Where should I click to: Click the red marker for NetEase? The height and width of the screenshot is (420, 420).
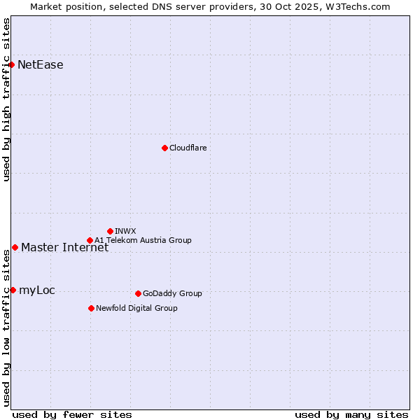click(12, 65)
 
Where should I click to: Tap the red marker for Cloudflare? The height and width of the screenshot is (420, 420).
click(164, 148)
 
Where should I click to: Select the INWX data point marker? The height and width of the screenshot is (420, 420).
click(110, 231)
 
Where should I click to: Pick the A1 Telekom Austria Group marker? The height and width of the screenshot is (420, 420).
click(90, 240)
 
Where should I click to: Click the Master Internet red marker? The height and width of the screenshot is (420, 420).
click(15, 247)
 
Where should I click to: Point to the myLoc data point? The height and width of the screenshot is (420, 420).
click(13, 290)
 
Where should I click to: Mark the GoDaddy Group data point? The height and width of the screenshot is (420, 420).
click(138, 293)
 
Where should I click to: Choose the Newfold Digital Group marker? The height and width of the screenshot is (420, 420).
click(91, 308)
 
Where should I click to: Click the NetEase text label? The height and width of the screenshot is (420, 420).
click(41, 65)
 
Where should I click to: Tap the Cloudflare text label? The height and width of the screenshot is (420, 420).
click(188, 148)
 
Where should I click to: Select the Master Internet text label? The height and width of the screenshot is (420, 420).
click(64, 248)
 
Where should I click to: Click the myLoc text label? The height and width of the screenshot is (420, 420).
click(37, 290)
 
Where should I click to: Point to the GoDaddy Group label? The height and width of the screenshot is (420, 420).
click(172, 293)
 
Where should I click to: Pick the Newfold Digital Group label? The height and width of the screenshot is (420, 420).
click(136, 308)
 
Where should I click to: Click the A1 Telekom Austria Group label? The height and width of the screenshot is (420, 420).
click(143, 240)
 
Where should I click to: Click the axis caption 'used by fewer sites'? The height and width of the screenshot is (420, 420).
click(72, 414)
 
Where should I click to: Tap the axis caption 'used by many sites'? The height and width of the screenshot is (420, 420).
click(351, 414)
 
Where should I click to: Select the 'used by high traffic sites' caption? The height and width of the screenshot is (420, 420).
click(7, 99)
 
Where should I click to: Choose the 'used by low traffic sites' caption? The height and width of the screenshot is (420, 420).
click(7, 328)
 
